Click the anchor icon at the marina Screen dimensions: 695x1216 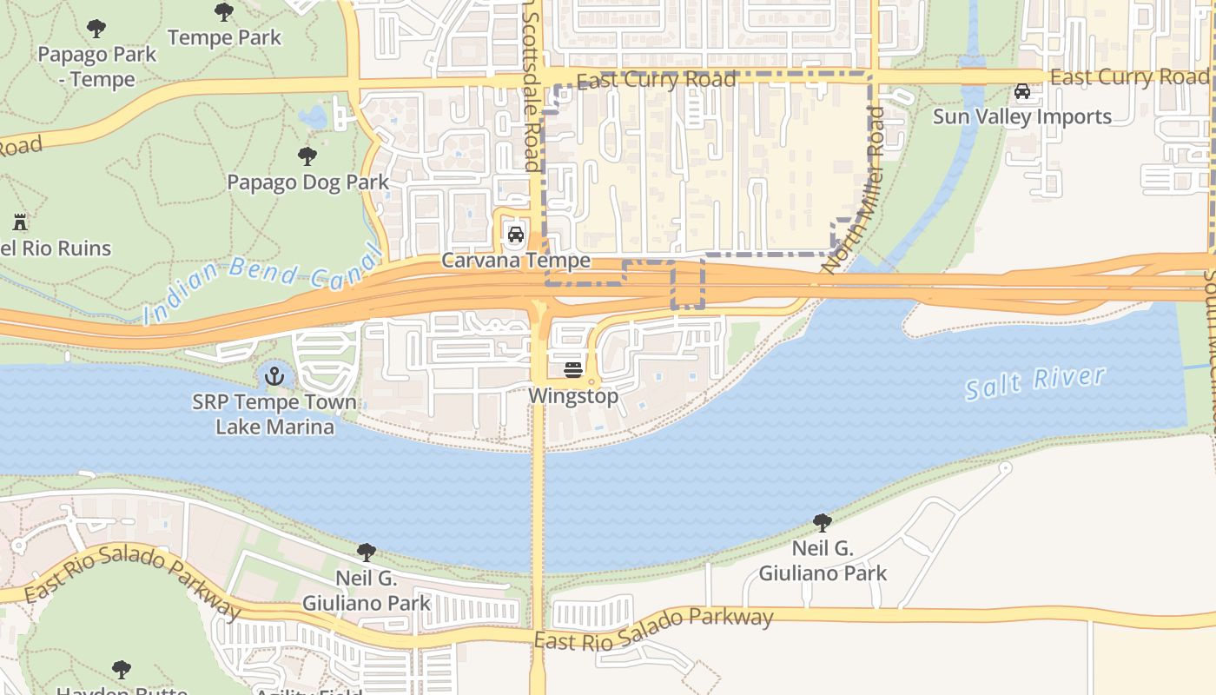coord(274,376)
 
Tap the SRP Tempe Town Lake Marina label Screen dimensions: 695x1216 coord(274,414)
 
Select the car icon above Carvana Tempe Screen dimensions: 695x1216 coord(515,235)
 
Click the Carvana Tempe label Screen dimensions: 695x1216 coord(515,261)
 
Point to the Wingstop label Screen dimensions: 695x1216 coord(573,396)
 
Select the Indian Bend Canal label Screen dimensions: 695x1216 coord(263,282)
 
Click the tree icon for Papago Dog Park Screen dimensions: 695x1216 coord(307,156)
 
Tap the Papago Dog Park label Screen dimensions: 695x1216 coord(307,182)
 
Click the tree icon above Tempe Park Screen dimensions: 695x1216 coord(224,12)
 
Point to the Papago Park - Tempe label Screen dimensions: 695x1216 coord(96,66)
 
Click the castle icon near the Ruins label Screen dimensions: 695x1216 coord(20,222)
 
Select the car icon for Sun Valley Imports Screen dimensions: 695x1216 coord(1022,91)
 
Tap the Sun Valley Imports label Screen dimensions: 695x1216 coord(1021,116)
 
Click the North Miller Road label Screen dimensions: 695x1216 coord(853,189)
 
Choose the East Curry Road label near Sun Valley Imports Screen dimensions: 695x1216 coord(1128,77)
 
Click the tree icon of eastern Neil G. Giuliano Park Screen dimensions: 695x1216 coord(822,523)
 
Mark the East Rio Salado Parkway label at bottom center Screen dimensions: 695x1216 coord(653,629)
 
